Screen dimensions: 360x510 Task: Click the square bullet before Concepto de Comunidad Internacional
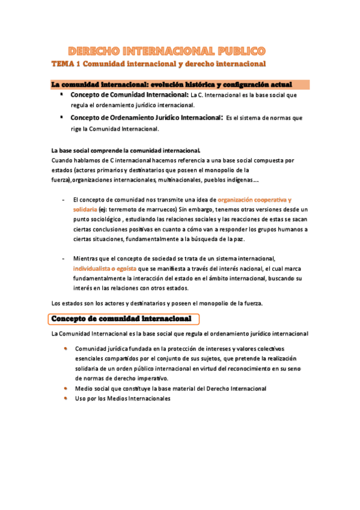pyautogui.click(x=62, y=94)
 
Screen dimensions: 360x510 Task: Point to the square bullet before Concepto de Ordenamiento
pyautogui.click(x=62, y=117)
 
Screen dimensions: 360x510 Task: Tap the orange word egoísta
pyautogui.click(x=128, y=268)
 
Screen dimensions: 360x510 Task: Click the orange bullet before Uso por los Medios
pyautogui.click(x=65, y=398)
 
